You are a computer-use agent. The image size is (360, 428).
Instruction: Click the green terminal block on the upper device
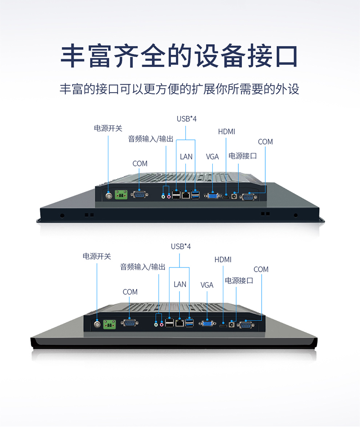121,195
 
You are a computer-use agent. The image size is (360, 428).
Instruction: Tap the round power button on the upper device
109,195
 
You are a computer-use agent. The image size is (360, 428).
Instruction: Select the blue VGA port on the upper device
212,196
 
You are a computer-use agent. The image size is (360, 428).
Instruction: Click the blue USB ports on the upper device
195,195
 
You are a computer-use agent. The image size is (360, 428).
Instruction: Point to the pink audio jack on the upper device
170,196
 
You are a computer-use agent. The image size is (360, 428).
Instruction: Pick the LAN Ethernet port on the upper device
186,195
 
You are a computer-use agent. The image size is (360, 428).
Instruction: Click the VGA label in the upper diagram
212,157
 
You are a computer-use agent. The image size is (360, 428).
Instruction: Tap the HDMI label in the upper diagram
226,132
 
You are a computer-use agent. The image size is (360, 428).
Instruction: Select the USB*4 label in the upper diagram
186,119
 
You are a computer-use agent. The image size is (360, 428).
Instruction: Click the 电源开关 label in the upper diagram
108,129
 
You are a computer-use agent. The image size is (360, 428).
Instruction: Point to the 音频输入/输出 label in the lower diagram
143,267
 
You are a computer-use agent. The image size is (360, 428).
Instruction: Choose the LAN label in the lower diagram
180,284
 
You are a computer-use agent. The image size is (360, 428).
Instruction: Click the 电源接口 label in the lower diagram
239,281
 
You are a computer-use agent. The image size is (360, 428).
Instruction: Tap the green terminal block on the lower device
109,324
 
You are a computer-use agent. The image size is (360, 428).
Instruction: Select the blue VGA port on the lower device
207,324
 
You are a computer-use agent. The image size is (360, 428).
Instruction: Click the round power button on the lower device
97,324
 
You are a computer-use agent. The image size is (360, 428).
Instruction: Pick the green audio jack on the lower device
156,325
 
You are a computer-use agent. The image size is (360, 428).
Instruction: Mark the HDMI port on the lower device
223,325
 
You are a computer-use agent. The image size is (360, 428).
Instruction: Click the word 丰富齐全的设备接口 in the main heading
180,56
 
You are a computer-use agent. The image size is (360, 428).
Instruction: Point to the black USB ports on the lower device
169,324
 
